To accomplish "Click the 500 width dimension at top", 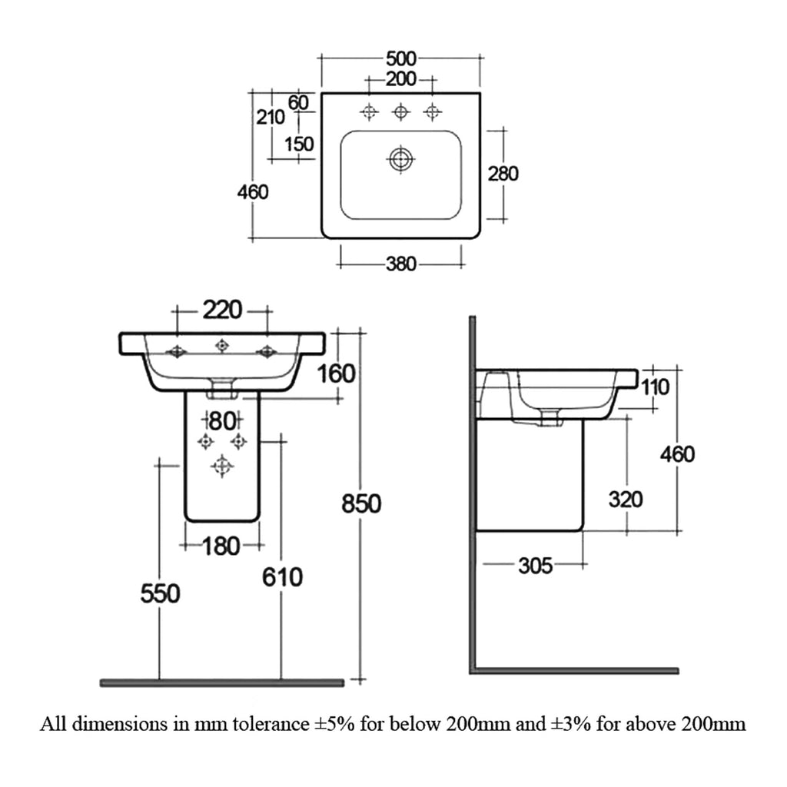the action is pos(401,58).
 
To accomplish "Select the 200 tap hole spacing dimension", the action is pos(401,79).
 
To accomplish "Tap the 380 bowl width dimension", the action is pos(401,264).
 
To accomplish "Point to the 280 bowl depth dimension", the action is pos(503,174).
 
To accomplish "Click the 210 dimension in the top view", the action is pos(271,118).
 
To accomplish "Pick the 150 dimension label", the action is pos(299,144).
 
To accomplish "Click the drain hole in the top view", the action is pos(400,160).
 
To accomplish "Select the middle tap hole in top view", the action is pos(400,112).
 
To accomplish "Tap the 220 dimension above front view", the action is pos(222,310).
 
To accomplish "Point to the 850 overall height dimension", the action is pos(361,503).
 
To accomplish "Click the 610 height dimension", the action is pos(282,577).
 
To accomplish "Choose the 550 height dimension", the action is pos(160,594).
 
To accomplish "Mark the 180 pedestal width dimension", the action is pos(221,546).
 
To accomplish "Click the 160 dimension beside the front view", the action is pos(337,374).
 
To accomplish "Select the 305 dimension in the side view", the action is pos(535,566).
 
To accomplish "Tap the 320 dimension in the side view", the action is pos(626,500).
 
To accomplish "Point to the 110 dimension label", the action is pos(655,387).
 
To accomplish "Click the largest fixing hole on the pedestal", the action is pos(222,467).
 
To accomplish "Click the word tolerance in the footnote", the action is pos(271,724).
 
